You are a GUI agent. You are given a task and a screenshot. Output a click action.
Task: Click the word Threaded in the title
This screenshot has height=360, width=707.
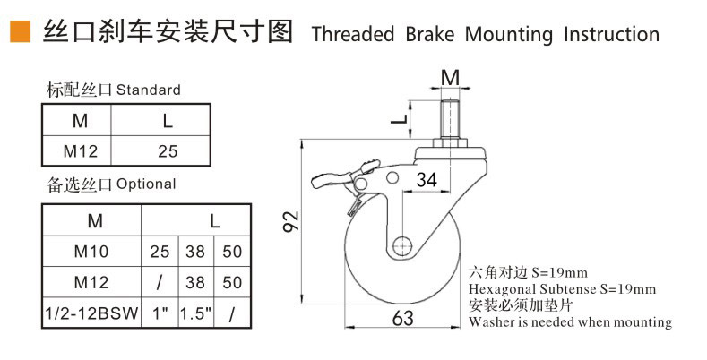coord(353,35)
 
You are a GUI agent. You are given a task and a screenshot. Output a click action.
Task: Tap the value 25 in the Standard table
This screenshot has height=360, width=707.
coord(168,150)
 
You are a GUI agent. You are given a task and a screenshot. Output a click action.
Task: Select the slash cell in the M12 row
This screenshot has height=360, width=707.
coord(159,283)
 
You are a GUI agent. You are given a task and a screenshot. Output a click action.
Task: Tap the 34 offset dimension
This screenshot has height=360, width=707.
coord(427,180)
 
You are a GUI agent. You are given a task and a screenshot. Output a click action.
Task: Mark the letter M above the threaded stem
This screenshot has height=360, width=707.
coord(452,77)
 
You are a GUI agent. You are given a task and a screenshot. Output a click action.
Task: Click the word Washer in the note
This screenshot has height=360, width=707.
coord(494,321)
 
